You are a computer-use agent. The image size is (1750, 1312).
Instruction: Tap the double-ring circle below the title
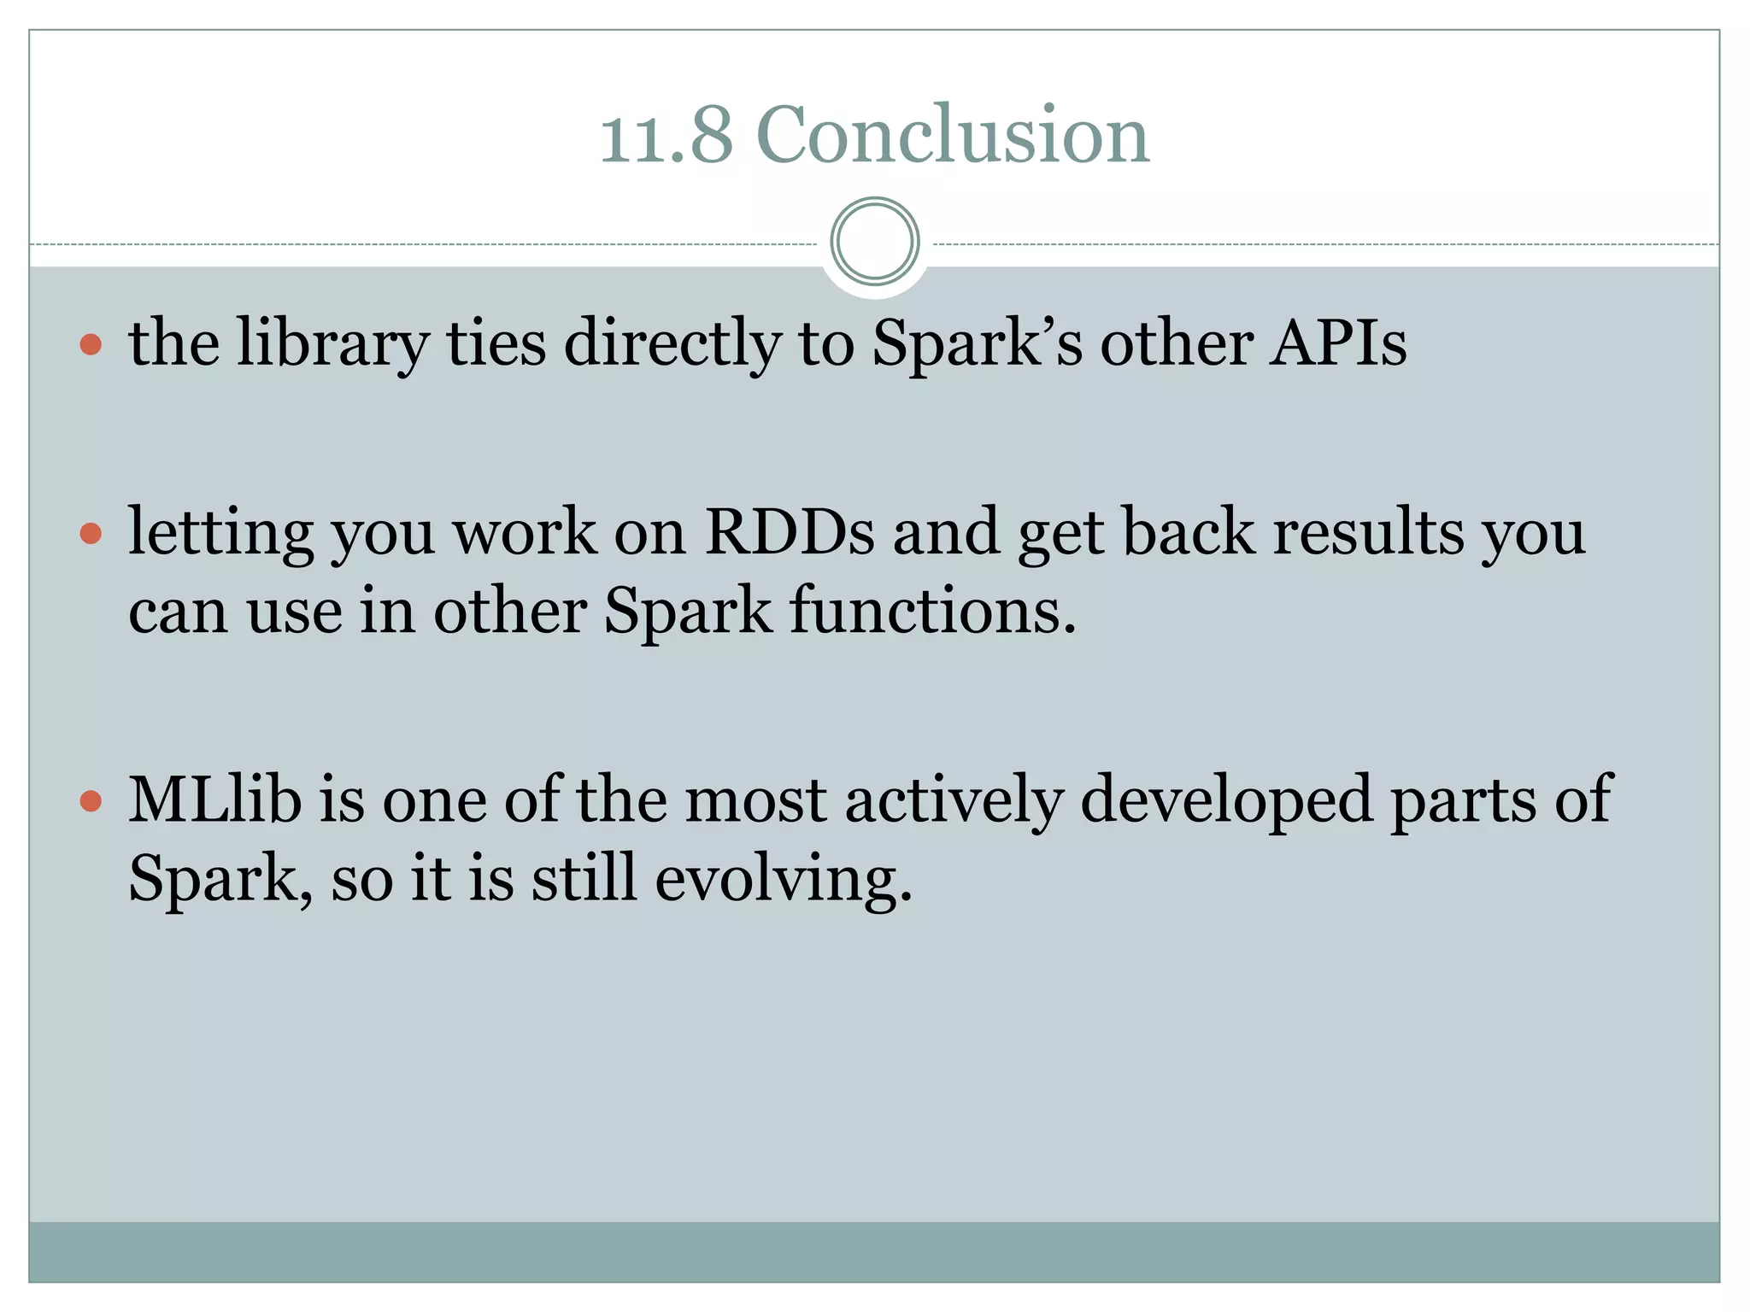click(x=874, y=242)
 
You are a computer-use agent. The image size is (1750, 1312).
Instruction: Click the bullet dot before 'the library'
click(x=91, y=345)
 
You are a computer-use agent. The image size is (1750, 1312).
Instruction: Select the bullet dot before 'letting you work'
click(x=91, y=534)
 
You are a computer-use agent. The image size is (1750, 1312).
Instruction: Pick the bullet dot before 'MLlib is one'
click(x=91, y=801)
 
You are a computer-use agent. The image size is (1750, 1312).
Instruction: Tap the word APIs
click(x=1337, y=343)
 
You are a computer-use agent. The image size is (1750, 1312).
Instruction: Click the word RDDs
click(x=790, y=532)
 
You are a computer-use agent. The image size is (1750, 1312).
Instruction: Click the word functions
click(x=932, y=611)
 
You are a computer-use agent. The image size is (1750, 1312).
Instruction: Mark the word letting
click(x=220, y=532)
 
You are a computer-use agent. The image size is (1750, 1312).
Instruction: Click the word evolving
click(x=784, y=878)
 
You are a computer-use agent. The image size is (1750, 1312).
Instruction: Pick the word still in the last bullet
click(x=584, y=878)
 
